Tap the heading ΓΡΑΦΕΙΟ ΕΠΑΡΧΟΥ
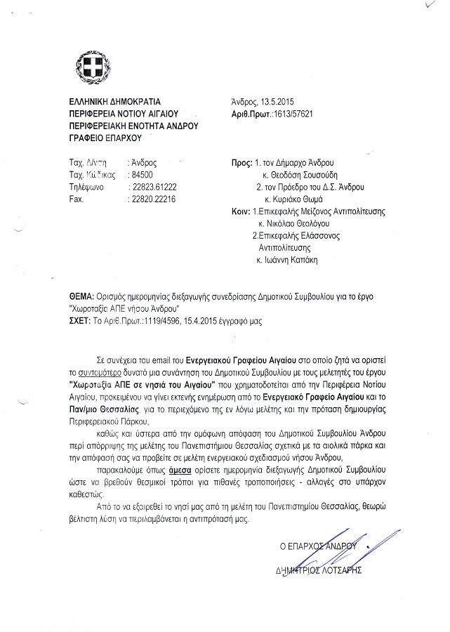point(102,137)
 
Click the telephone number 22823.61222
point(154,187)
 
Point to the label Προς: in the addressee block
point(241,162)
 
